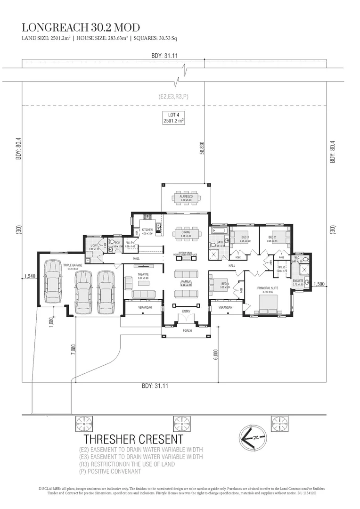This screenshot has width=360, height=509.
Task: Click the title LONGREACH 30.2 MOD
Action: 81,27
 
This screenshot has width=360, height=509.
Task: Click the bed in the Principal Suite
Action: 268,304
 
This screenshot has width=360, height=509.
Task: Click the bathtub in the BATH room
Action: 220,231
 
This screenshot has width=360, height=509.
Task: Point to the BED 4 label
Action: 225,284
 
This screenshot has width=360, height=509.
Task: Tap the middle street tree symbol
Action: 180,424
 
